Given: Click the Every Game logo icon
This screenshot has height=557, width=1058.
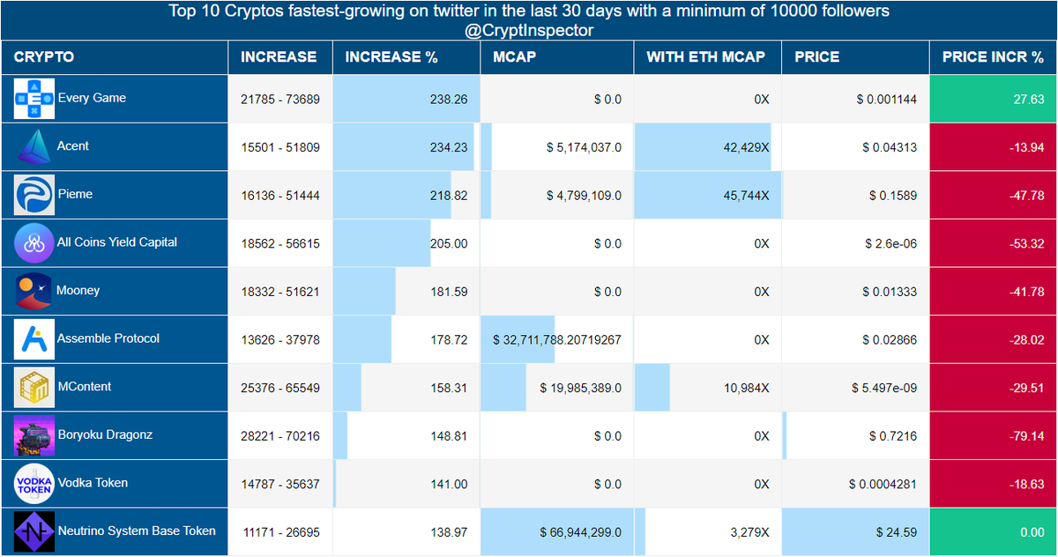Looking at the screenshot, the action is (x=34, y=99).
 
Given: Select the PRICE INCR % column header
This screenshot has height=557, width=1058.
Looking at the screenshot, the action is (x=993, y=57).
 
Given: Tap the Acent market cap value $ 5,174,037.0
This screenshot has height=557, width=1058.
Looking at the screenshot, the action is (x=584, y=148).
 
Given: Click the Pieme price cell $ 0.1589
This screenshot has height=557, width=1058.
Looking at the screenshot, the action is (x=892, y=196).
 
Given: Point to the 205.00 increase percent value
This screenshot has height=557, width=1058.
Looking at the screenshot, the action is (x=449, y=243).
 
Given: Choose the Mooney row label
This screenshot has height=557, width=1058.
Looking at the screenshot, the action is (x=78, y=290).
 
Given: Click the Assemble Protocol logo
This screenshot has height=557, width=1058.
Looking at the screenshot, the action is (x=34, y=339).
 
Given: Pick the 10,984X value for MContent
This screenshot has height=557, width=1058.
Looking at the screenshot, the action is (x=746, y=388).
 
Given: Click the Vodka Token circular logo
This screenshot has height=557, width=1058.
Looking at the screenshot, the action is (x=34, y=484).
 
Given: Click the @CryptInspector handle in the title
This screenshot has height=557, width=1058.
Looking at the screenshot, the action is (x=529, y=31).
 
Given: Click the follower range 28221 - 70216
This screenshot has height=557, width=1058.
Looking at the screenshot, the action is (x=280, y=436).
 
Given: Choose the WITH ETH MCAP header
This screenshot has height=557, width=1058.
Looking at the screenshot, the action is (x=705, y=57).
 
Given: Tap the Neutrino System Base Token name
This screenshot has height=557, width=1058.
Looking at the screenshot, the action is (x=137, y=531).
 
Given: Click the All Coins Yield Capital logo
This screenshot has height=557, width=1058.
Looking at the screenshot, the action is (x=34, y=243).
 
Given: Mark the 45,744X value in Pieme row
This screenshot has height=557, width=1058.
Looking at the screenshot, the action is (x=746, y=196).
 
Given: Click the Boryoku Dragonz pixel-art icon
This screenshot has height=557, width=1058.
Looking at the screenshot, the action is (x=34, y=435).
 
